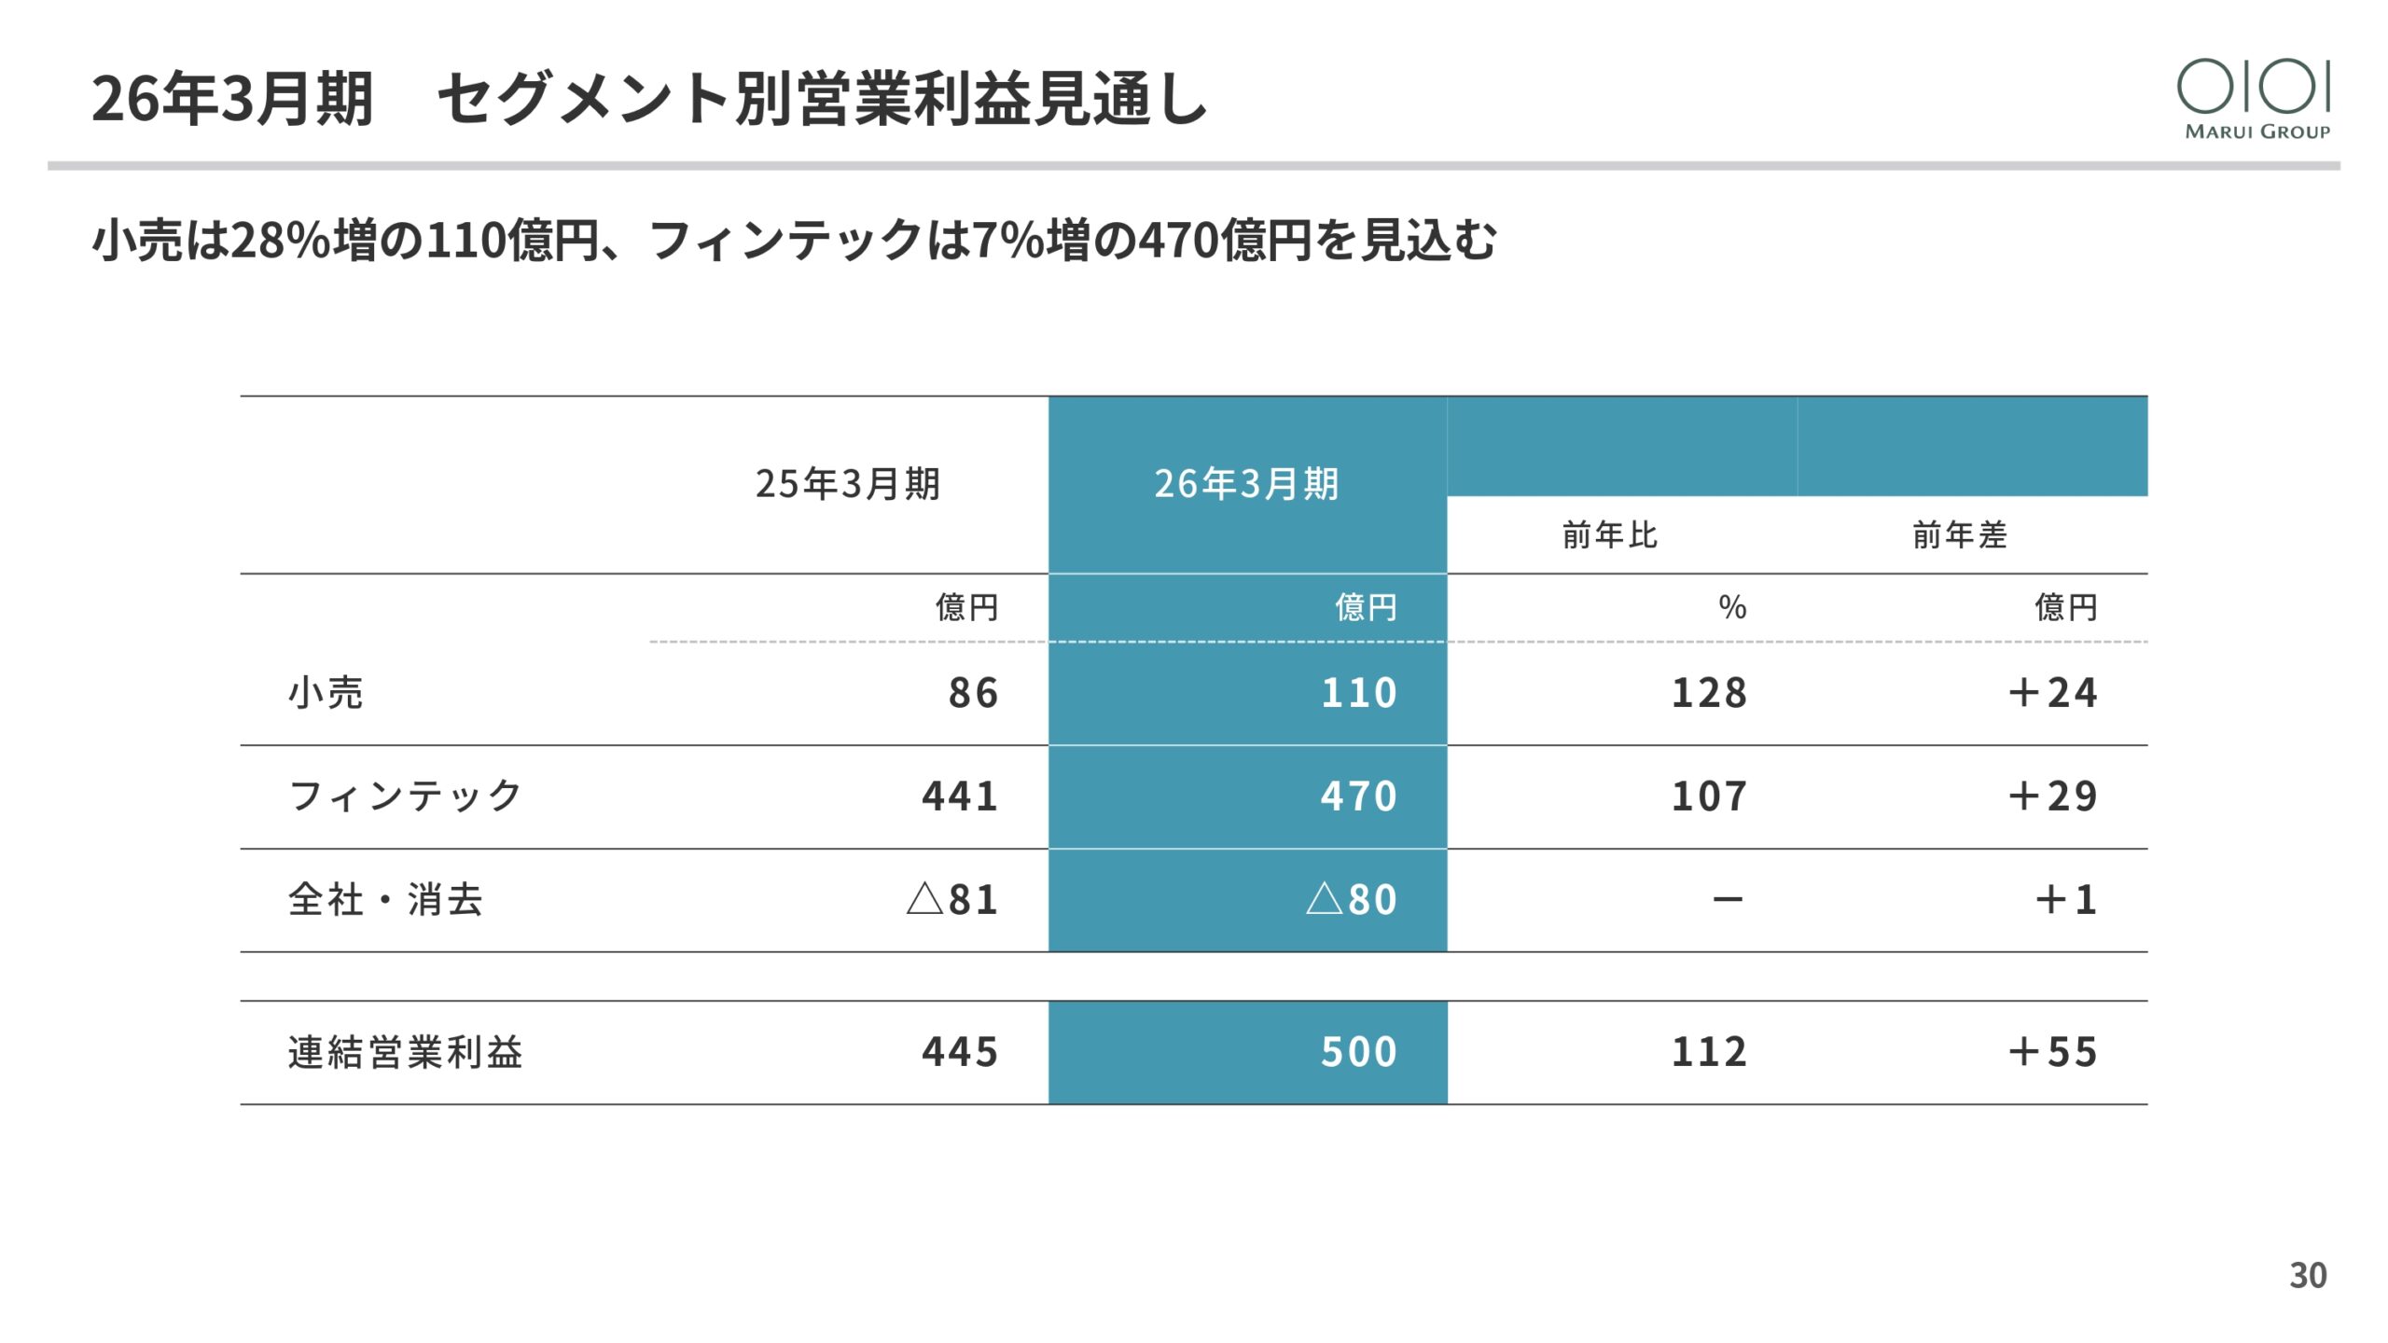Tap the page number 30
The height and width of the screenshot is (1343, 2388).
point(2308,1275)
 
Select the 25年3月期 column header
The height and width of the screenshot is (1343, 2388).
point(848,484)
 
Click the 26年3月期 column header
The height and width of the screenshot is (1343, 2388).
point(1247,484)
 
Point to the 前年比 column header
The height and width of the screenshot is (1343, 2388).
point(1610,535)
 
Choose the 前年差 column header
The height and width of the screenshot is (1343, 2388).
point(1960,535)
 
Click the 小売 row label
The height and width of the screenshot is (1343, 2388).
point(326,693)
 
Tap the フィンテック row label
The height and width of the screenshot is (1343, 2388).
point(405,796)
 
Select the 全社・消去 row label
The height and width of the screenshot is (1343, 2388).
point(385,900)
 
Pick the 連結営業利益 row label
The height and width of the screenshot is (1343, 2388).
point(405,1052)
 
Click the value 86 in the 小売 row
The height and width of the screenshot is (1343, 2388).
point(973,693)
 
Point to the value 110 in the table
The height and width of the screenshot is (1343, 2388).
point(1359,693)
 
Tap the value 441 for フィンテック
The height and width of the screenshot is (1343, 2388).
point(960,796)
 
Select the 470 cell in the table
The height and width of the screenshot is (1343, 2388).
point(1359,796)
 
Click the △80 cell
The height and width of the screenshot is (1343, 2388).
point(1352,900)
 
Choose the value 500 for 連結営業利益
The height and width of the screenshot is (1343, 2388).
point(1359,1052)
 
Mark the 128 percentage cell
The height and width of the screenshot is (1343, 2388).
point(1709,693)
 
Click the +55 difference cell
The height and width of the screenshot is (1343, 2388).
point(2052,1052)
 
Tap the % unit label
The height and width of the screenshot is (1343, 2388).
point(1732,608)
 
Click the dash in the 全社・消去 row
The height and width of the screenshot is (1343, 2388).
point(1728,900)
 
